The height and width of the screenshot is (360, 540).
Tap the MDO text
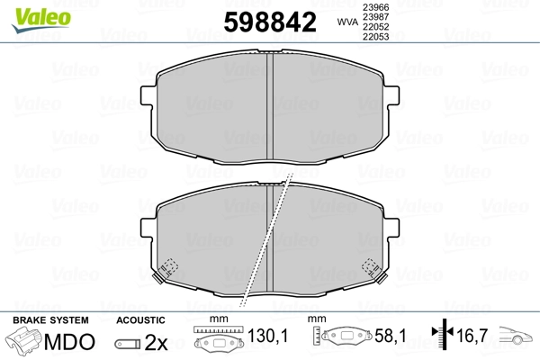71,343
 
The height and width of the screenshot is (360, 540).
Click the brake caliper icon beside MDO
25,342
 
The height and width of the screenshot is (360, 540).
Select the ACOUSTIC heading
140,320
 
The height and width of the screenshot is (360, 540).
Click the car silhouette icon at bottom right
517,340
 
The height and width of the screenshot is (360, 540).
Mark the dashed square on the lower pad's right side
369,268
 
